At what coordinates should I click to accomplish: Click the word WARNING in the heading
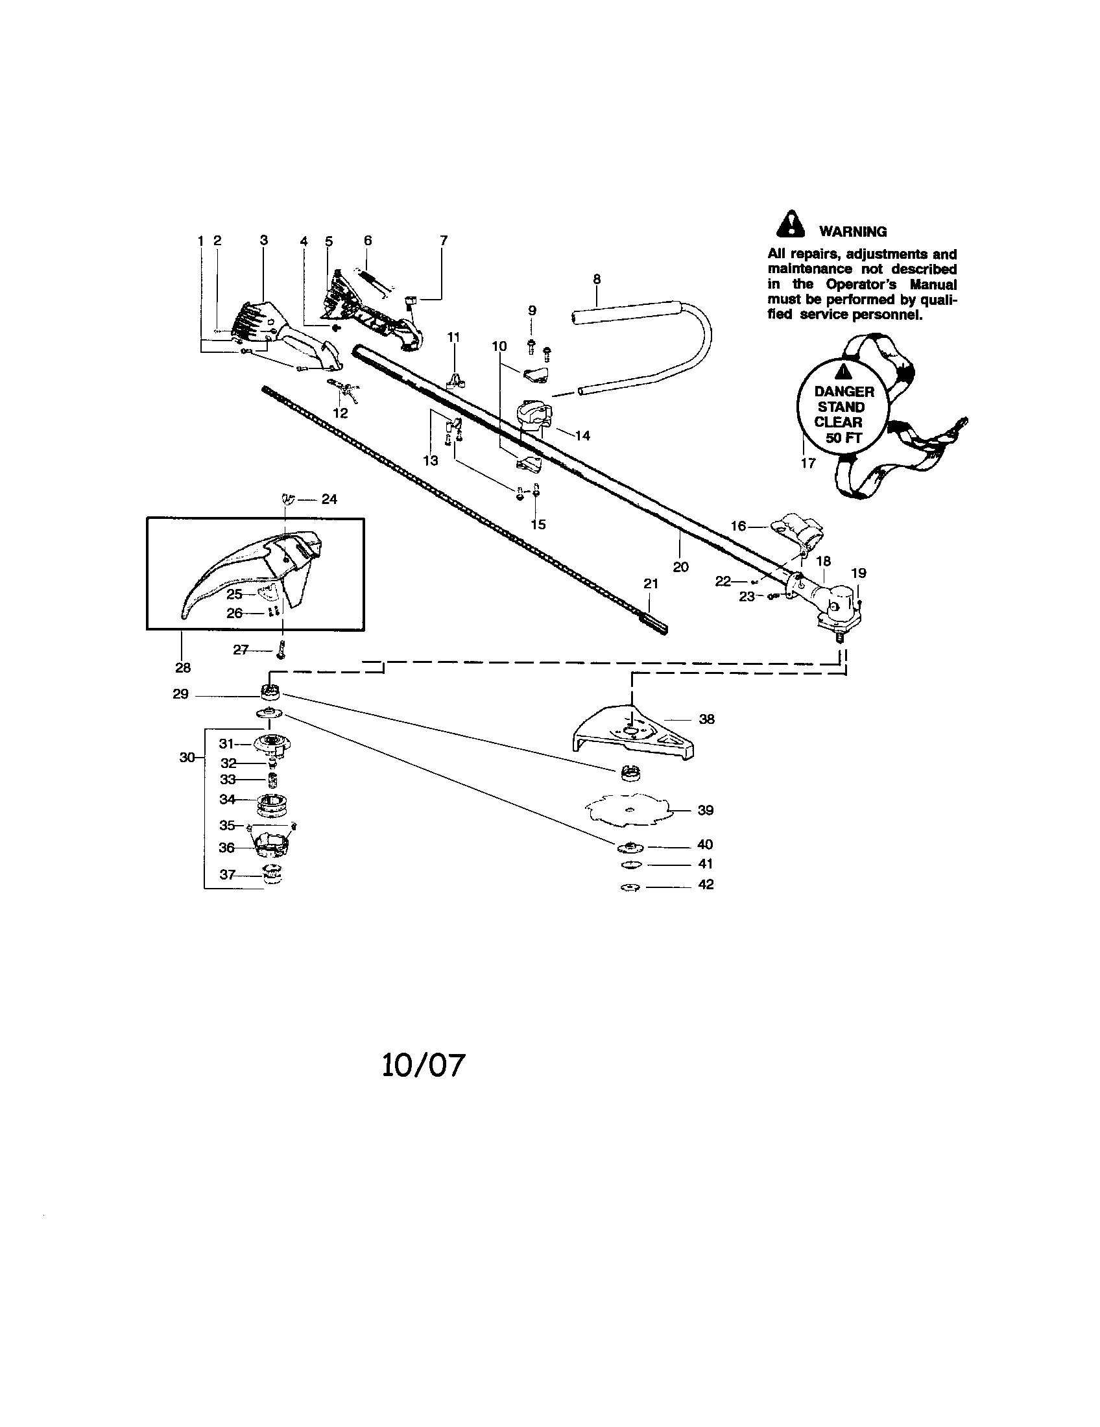pos(852,232)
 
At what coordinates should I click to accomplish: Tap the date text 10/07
pos(424,1064)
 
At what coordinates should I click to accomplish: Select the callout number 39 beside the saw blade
pos(706,810)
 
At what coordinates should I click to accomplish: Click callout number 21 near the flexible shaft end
pos(651,584)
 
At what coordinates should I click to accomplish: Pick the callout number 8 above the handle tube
pos(597,279)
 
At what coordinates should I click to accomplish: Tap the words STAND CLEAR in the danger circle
pos(840,414)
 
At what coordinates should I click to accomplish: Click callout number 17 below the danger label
pos(808,463)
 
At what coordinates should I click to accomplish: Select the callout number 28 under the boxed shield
pos(183,667)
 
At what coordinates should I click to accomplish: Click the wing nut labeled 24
pos(287,500)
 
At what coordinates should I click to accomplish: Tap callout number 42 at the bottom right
pos(706,884)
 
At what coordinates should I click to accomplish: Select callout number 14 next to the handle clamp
pos(582,435)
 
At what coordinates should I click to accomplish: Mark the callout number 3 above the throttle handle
pos(264,241)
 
